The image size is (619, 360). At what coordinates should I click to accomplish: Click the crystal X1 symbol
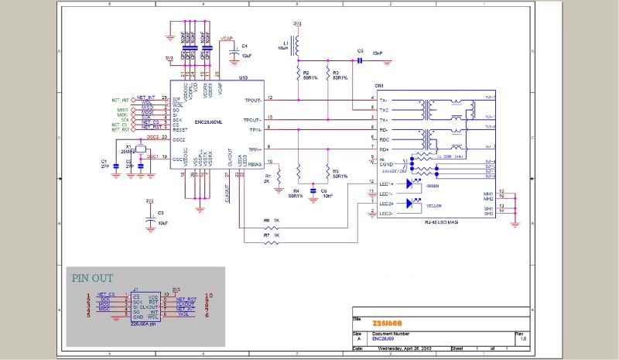(x=140, y=149)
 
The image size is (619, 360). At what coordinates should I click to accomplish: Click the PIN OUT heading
(x=93, y=278)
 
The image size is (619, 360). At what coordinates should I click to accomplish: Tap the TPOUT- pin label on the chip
(x=251, y=119)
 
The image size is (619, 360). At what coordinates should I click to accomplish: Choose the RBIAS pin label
(x=252, y=163)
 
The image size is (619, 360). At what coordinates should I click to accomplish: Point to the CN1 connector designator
(x=378, y=86)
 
